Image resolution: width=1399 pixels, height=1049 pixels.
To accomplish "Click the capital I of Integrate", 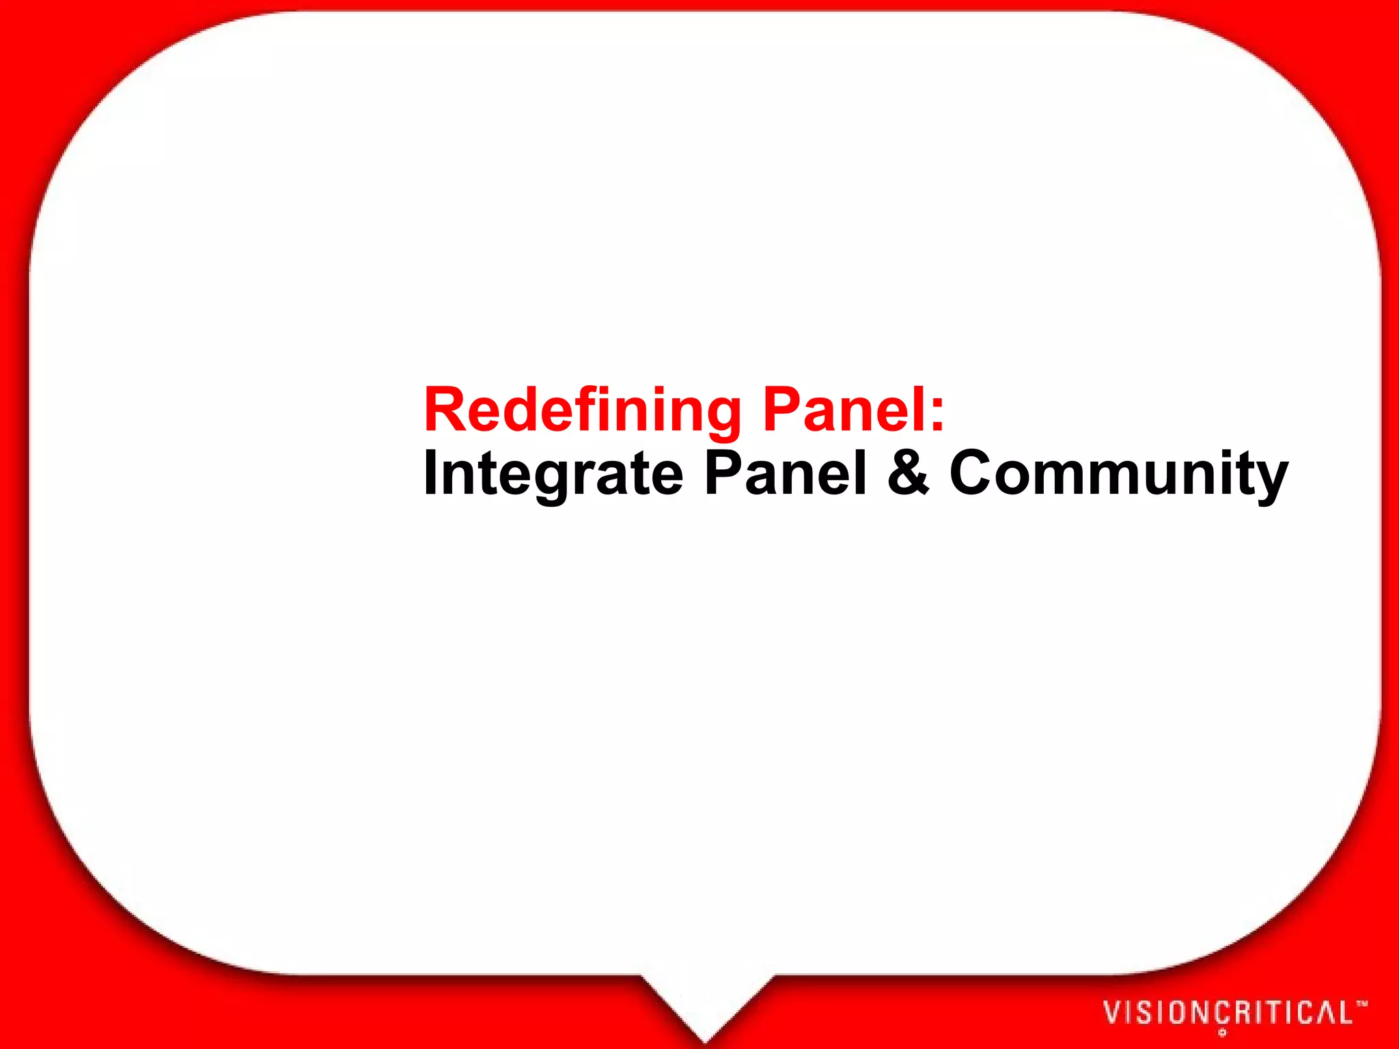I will click(430, 473).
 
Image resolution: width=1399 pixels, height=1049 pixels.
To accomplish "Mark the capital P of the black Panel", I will click(723, 473).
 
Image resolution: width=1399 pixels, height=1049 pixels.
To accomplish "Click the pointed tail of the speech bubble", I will click(706, 1018).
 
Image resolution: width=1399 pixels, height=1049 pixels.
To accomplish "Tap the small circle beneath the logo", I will click(1222, 1033).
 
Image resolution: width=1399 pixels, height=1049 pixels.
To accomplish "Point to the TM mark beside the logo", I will click(1361, 1004).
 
